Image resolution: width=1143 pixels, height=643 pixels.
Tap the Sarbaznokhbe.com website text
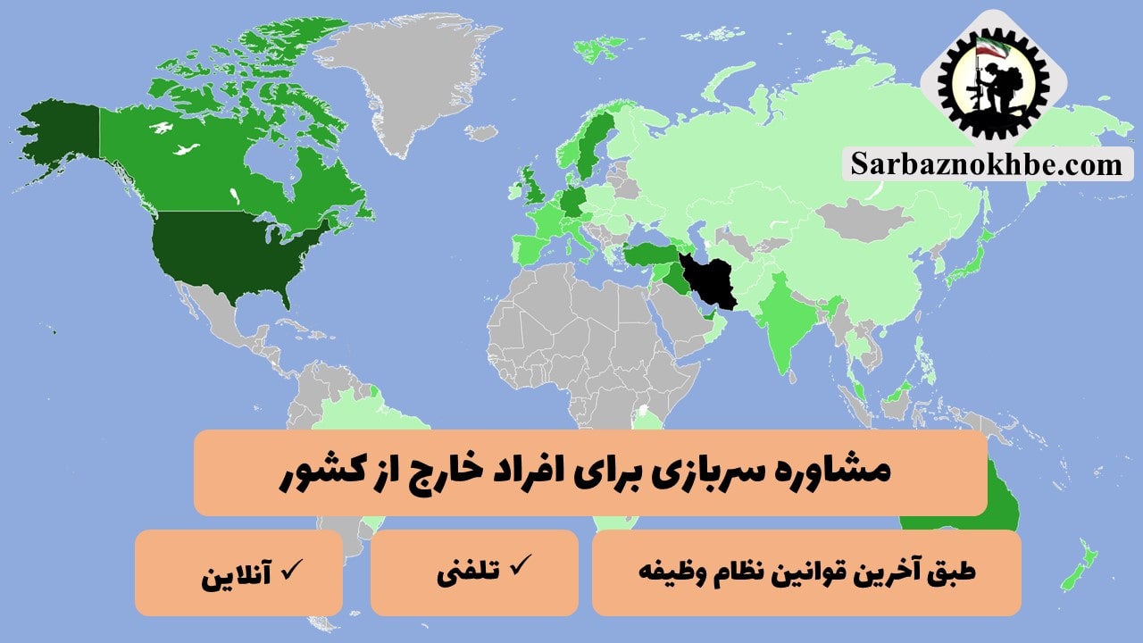pos(988,164)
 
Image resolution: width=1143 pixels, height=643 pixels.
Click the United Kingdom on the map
pos(532,188)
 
